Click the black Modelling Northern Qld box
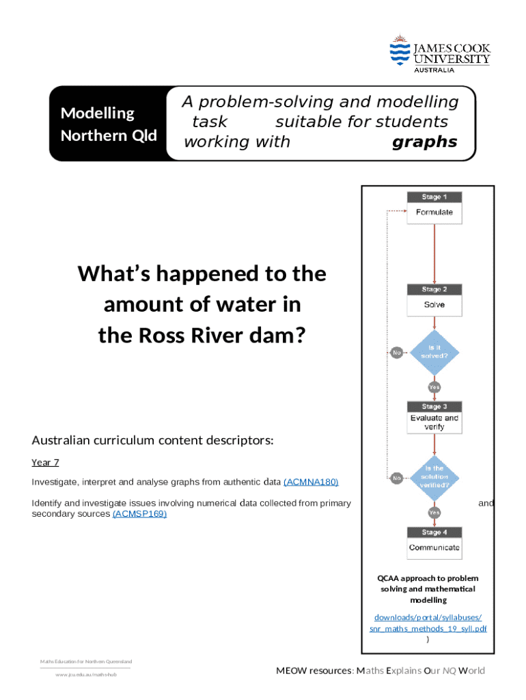(x=109, y=124)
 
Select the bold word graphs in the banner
(x=424, y=142)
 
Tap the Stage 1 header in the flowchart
(x=434, y=198)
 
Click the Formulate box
(x=434, y=213)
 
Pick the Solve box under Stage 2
(x=434, y=305)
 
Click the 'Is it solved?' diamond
(x=434, y=352)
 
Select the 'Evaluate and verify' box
(x=434, y=422)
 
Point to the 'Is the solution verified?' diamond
(x=434, y=477)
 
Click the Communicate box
(x=434, y=548)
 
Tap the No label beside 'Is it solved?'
(x=396, y=353)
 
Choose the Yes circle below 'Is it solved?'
(x=434, y=387)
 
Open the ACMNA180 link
(x=311, y=482)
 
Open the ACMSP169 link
(x=139, y=513)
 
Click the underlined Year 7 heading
(x=45, y=463)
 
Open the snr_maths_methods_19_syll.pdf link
(x=428, y=629)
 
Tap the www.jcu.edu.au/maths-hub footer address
(x=86, y=675)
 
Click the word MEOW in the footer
(x=293, y=671)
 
